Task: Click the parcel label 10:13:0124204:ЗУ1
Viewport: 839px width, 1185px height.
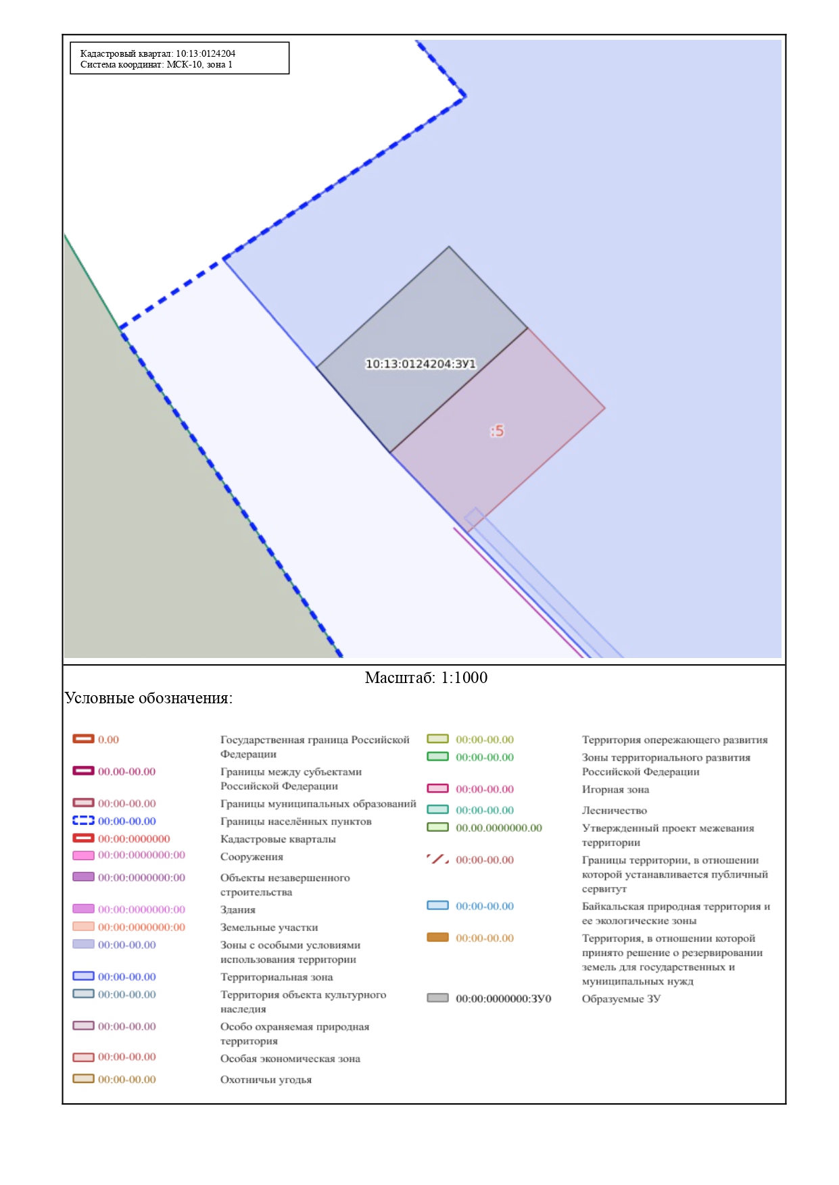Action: tap(421, 363)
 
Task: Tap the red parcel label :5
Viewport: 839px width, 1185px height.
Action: tap(497, 430)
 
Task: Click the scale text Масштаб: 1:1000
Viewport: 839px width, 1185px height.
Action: tap(426, 678)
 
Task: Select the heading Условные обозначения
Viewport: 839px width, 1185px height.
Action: tap(149, 698)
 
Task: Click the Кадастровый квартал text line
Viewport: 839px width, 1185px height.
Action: tap(158, 53)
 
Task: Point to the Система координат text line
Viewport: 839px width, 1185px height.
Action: tap(156, 65)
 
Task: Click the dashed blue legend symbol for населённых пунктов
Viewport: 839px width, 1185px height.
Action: tap(83, 820)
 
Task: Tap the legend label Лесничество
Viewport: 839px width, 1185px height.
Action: tap(615, 810)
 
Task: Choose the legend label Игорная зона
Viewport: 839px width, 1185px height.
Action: tap(615, 789)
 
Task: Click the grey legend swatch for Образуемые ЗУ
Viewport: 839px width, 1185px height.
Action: tap(437, 998)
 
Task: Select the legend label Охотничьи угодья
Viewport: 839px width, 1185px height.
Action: tap(266, 1080)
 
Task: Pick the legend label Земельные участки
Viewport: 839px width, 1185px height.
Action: tap(269, 928)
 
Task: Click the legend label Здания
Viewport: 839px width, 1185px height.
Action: tap(238, 910)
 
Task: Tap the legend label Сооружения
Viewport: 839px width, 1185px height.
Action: tap(251, 857)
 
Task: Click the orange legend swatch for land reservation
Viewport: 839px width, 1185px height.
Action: tap(437, 937)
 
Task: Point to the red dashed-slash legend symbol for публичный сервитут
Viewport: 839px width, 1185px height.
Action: tap(437, 859)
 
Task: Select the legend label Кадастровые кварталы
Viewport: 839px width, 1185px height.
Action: tap(278, 839)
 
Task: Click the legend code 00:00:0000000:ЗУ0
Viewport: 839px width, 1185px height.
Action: tap(504, 999)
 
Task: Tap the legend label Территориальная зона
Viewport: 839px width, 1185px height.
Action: tap(277, 977)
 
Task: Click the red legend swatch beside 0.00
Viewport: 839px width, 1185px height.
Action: tap(83, 738)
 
